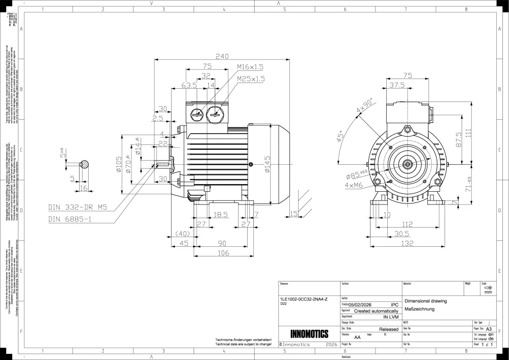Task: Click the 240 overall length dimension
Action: tap(221, 57)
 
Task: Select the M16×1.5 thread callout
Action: tap(250, 67)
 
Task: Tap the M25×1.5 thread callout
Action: tap(251, 79)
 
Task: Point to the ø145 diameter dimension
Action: tap(267, 164)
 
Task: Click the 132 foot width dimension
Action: tap(406, 244)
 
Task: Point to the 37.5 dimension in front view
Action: tap(397, 86)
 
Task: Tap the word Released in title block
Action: tap(389, 329)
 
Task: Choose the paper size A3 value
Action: tap(489, 329)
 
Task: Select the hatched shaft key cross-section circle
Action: tap(85, 164)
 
